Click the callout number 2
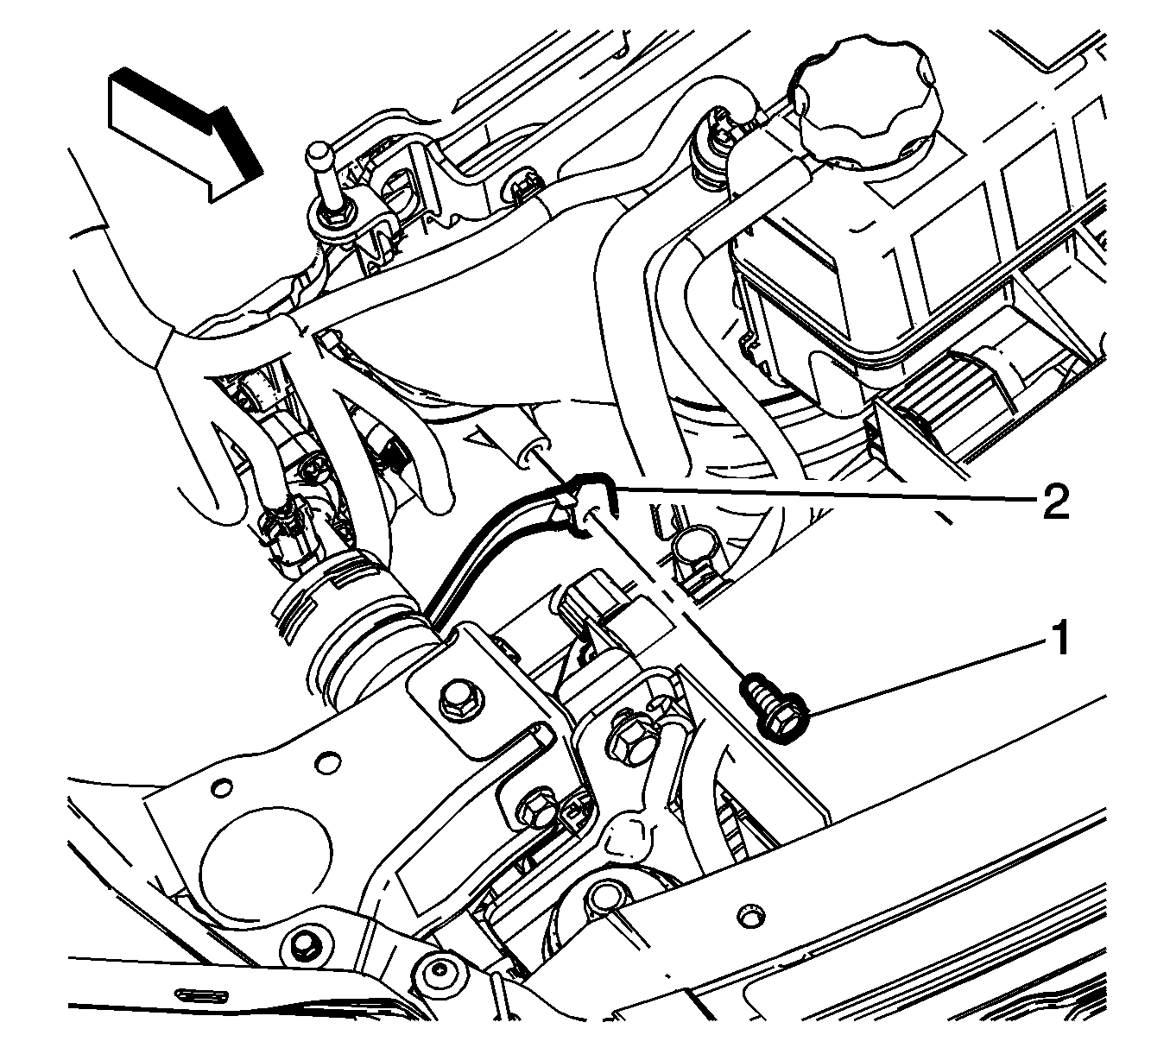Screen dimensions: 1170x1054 [x=1055, y=502]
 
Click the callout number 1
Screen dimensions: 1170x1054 [x=1059, y=639]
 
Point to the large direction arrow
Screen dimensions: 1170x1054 [x=186, y=134]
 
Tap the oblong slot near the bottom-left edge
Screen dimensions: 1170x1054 [x=202, y=994]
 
